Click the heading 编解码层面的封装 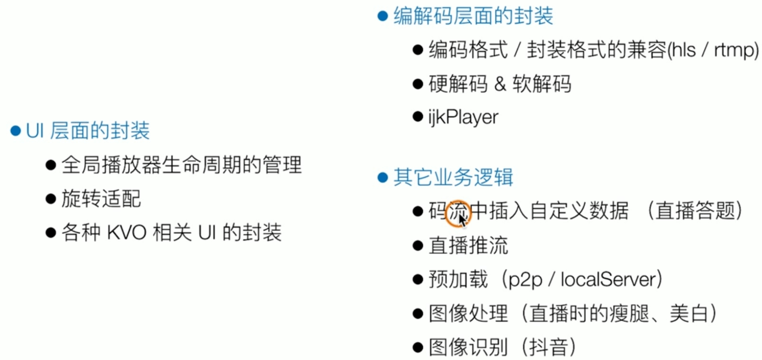[473, 16]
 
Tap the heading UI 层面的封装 [88, 131]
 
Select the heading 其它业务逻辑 [453, 178]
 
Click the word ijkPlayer [463, 117]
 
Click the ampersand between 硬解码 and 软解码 [500, 84]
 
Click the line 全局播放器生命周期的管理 [181, 165]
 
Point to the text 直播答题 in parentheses [695, 211]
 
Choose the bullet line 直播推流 [468, 245]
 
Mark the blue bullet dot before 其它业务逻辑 [383, 178]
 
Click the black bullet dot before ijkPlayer [418, 117]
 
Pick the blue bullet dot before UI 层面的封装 [16, 131]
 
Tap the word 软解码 [542, 84]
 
